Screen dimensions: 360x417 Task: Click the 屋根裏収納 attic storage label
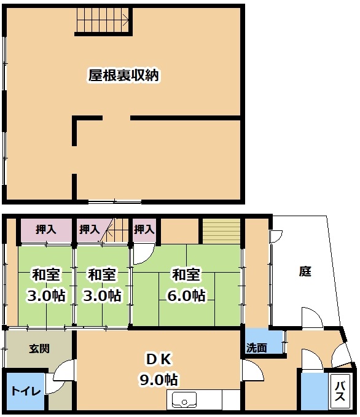coord(123,76)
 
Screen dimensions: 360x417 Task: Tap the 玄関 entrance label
coord(39,348)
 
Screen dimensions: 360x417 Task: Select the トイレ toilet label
coord(26,391)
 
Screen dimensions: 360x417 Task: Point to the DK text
coord(159,359)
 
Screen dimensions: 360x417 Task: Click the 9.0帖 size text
coord(159,380)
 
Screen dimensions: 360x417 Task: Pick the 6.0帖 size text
coord(186,295)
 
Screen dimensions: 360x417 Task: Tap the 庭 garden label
coord(305,271)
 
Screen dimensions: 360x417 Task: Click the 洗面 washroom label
coord(257,348)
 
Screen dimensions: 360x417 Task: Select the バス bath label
coord(340,391)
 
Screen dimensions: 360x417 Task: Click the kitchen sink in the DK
coord(184,400)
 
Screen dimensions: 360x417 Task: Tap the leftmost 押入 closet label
coord(46,229)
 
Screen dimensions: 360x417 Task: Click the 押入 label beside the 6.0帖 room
coord(144,228)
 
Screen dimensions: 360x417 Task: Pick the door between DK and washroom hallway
coord(252,371)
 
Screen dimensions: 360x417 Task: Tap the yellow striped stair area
coord(221,230)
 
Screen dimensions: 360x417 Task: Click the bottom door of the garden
coord(312,318)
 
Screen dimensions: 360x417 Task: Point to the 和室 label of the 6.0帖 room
coord(186,275)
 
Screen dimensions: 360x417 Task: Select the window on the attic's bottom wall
coord(115,201)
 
